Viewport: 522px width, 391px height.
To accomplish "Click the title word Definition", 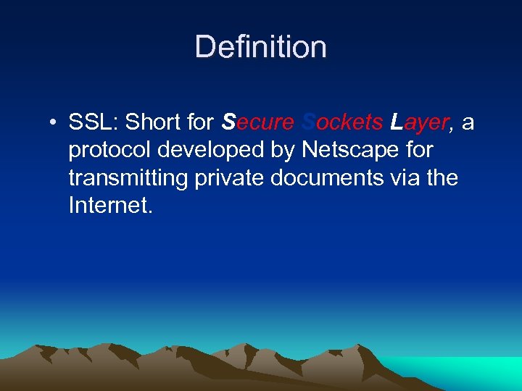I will (x=261, y=47).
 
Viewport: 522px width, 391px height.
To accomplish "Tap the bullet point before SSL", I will (x=54, y=123).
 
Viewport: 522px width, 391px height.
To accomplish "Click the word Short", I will (x=154, y=122).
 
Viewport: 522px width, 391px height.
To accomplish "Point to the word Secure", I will (x=257, y=122).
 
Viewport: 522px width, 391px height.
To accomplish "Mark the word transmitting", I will (x=128, y=178).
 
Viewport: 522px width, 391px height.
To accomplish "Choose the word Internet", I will (x=110, y=206).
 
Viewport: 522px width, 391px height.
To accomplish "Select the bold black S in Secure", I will (x=228, y=122).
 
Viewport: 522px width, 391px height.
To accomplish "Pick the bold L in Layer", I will (x=396, y=122).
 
